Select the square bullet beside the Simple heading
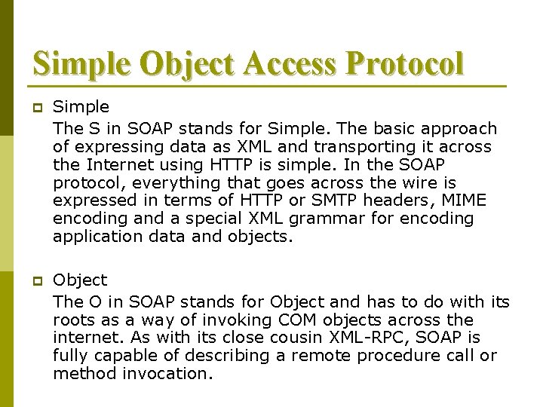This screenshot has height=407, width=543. pos(35,109)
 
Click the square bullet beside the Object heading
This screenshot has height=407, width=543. pos(35,280)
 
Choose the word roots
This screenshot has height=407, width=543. pos(73,319)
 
